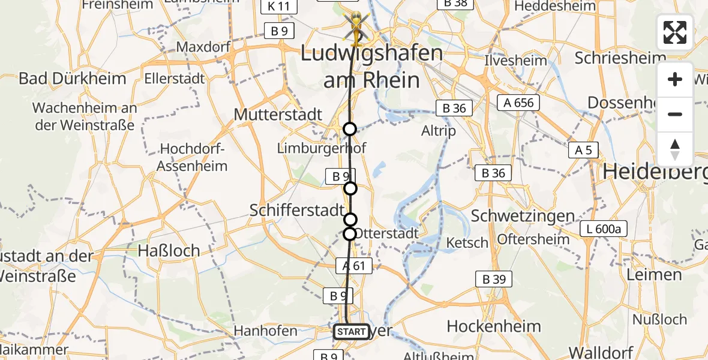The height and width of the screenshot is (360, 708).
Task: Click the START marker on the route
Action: coord(351,331)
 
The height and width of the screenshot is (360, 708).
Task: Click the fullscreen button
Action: coord(674,32)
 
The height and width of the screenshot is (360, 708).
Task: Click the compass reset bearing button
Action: coord(674,149)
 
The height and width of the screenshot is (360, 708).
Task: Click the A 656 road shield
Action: coord(518,103)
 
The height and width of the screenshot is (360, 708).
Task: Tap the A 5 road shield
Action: coord(583,150)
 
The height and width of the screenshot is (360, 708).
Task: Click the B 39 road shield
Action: coord(494,278)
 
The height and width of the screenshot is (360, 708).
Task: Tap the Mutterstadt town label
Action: coord(278,114)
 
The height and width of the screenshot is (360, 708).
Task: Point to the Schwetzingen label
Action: coord(523,216)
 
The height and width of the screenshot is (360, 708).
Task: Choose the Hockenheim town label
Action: coord(494,326)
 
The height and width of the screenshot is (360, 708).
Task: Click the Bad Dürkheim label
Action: coord(72,78)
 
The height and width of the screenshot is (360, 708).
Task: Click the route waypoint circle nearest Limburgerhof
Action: coord(349,129)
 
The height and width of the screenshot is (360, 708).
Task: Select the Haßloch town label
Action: coord(169,250)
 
